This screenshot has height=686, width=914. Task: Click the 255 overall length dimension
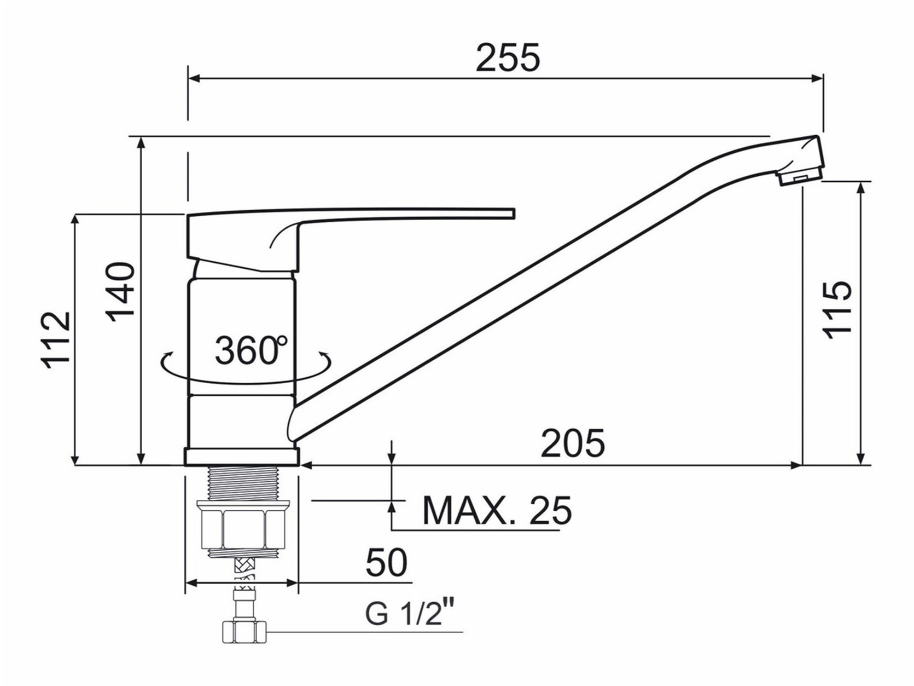coord(508,57)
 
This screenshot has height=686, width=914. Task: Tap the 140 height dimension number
coord(121,292)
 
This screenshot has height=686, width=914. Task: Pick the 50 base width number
coord(386,563)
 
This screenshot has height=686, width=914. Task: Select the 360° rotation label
coord(251,350)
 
